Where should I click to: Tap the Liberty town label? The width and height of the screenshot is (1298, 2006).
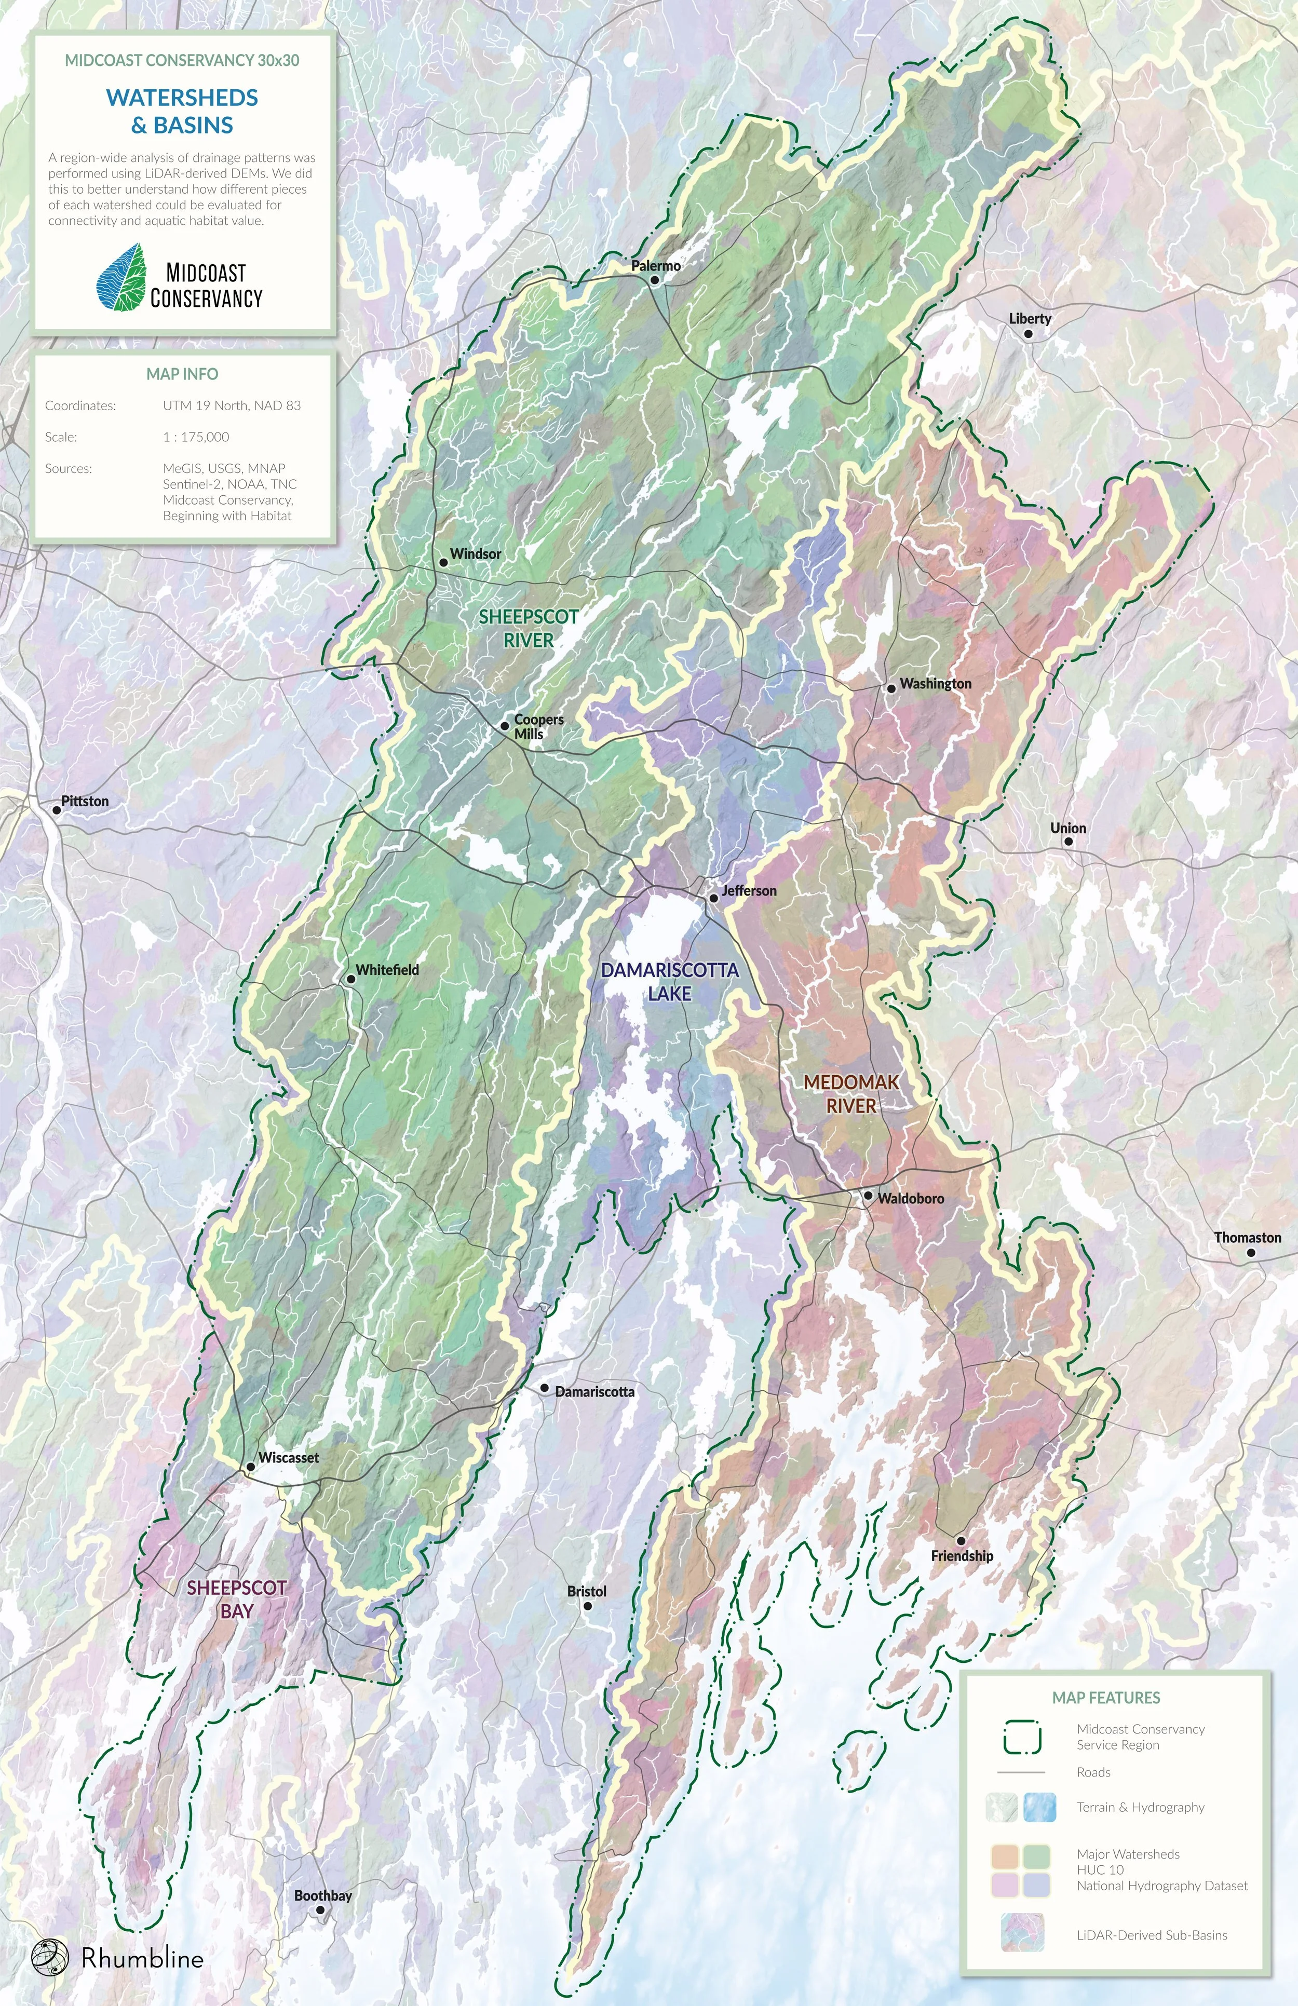[1030, 319]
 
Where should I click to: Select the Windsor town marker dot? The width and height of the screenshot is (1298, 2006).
[442, 562]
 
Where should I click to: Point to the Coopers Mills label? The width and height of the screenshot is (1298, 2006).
[538, 726]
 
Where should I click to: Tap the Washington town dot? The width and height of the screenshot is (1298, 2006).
[891, 688]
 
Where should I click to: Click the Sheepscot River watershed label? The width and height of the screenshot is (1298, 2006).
[529, 628]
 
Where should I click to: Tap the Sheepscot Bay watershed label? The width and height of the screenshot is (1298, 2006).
[237, 1599]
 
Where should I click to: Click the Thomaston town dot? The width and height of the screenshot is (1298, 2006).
[1251, 1253]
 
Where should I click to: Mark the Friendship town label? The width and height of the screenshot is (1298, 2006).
[962, 1556]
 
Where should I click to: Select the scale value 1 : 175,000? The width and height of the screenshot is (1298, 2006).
[196, 437]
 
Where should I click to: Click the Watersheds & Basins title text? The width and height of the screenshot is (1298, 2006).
[182, 111]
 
